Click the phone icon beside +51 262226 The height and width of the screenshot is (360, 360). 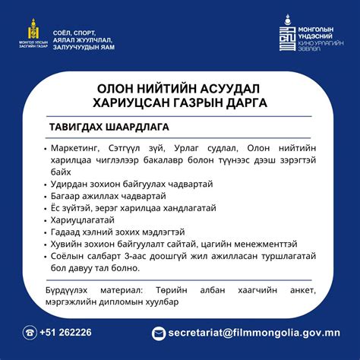pyautogui.click(x=30, y=332)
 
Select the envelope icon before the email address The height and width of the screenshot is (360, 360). pyautogui.click(x=159, y=333)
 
